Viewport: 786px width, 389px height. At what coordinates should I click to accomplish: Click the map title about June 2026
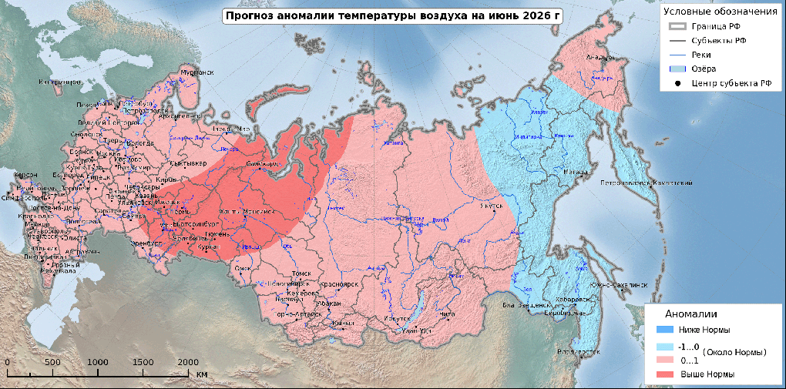pyautogui.click(x=392, y=15)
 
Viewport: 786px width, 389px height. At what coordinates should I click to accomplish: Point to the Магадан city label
pyautogui.click(x=576, y=173)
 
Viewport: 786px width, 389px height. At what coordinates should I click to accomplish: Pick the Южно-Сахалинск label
pyautogui.click(x=618, y=284)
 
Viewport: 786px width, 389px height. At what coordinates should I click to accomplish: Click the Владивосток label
pyautogui.click(x=577, y=350)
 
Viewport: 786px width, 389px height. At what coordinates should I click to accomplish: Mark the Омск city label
pyautogui.click(x=244, y=268)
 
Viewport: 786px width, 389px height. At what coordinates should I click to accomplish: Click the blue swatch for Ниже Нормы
pyautogui.click(x=660, y=330)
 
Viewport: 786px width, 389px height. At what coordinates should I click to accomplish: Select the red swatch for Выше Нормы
pyautogui.click(x=660, y=374)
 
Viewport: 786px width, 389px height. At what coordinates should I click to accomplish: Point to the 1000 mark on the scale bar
pyautogui.click(x=98, y=362)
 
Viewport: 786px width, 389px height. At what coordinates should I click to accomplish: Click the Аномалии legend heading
pyautogui.click(x=691, y=314)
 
